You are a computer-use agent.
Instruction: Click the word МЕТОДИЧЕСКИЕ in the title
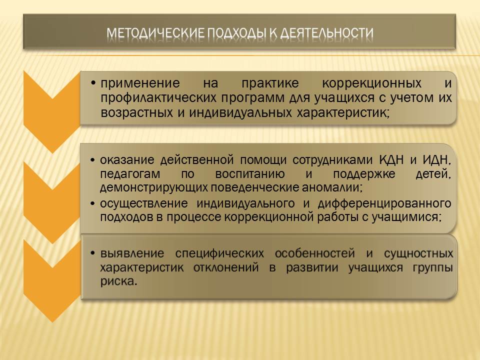click(x=155, y=33)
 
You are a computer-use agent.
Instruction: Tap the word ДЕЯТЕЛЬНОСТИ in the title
click(x=327, y=33)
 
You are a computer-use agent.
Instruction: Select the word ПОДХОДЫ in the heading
click(x=237, y=33)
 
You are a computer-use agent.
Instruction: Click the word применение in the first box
click(x=140, y=83)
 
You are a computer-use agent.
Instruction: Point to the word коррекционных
click(x=371, y=83)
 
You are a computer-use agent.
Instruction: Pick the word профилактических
click(x=158, y=98)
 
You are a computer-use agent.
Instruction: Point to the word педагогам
click(x=130, y=174)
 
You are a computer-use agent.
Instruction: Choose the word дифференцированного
click(x=384, y=203)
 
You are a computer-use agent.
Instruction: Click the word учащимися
click(x=407, y=217)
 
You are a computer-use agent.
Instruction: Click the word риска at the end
click(x=118, y=281)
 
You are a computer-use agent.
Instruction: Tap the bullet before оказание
click(x=92, y=160)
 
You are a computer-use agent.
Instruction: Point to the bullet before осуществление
click(x=92, y=204)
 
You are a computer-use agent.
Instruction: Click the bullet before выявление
click(x=92, y=253)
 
